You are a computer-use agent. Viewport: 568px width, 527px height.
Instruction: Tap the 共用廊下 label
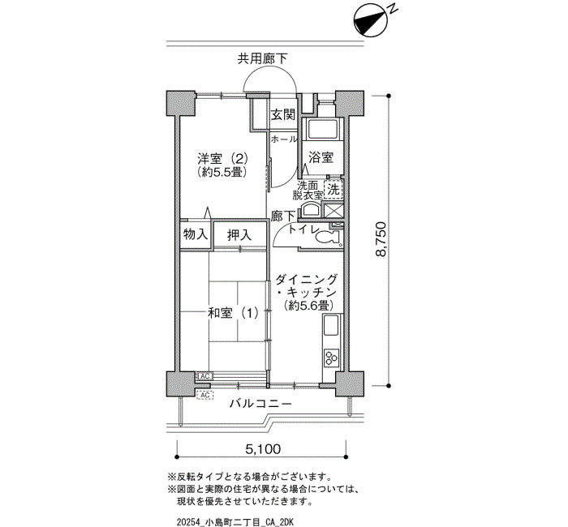pyautogui.click(x=263, y=58)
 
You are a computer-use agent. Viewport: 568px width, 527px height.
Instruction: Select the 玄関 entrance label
pyautogui.click(x=284, y=115)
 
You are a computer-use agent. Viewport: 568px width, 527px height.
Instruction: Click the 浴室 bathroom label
pyautogui.click(x=321, y=158)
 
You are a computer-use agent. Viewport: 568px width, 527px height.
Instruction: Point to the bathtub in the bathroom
pyautogui.click(x=322, y=128)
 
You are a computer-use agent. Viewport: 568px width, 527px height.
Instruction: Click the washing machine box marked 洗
pyautogui.click(x=333, y=189)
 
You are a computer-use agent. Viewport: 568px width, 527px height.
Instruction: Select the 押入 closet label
pyautogui.click(x=239, y=235)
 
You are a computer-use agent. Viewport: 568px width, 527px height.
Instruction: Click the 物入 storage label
pyautogui.click(x=196, y=234)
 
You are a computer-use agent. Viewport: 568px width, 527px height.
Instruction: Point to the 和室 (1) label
pyautogui.click(x=233, y=313)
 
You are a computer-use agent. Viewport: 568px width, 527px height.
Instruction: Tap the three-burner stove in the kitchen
pyautogui.click(x=331, y=358)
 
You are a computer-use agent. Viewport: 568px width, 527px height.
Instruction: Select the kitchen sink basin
pyautogui.click(x=331, y=325)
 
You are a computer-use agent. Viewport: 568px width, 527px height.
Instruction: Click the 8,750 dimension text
pyautogui.click(x=381, y=239)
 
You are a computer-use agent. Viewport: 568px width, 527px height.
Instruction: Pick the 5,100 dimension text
pyautogui.click(x=263, y=449)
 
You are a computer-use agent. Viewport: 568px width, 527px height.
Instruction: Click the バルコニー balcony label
pyautogui.click(x=260, y=403)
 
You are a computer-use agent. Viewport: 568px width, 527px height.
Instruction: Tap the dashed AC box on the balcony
pyautogui.click(x=205, y=395)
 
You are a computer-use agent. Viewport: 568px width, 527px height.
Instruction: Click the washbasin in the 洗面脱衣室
pyautogui.click(x=309, y=209)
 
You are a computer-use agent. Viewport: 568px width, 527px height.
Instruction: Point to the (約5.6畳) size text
pyautogui.click(x=308, y=306)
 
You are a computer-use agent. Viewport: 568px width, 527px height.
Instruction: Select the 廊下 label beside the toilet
pyautogui.click(x=283, y=216)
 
